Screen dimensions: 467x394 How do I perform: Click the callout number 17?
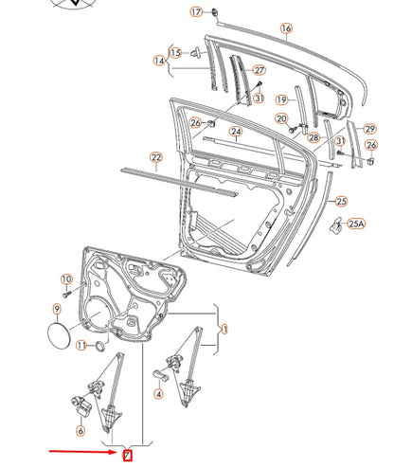pos(195,12)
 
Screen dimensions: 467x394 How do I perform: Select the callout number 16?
pos(285,29)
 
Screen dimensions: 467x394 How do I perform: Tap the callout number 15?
pos(175,52)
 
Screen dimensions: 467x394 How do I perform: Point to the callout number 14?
pos(158,62)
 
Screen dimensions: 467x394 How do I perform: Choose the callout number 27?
pos(260,71)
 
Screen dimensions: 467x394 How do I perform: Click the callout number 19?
pos(281,99)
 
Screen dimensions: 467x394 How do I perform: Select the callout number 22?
pos(156,157)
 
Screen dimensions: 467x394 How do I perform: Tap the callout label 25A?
pos(356,225)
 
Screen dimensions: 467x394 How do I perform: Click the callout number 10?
pos(66,278)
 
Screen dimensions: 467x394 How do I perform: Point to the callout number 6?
pos(81,431)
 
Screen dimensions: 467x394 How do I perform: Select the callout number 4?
pos(159,393)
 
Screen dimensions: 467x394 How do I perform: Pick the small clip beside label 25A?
pos(335,225)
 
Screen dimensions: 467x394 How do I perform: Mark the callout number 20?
pos(281,118)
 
